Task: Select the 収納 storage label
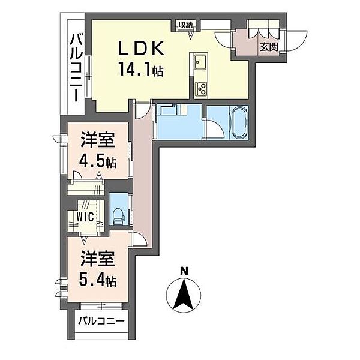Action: coord(184,25)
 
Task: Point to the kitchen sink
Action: coord(200,62)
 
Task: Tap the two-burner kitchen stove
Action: coord(200,88)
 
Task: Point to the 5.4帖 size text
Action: coord(98,280)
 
